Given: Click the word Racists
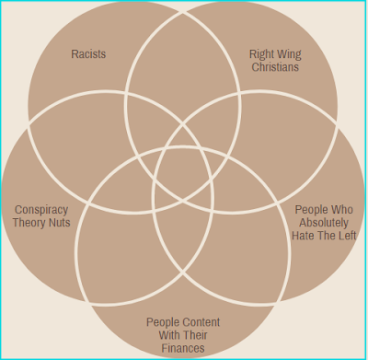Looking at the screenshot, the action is (x=88, y=54).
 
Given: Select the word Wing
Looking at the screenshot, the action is (x=289, y=54).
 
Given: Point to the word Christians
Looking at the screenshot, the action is (x=275, y=67).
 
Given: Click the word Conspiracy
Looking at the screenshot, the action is (x=41, y=210).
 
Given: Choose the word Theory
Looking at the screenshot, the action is (x=27, y=223).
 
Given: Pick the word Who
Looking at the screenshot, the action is (x=341, y=210).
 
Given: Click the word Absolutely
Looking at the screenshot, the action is (x=324, y=223).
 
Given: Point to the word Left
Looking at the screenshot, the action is (x=346, y=236).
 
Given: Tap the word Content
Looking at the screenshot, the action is (x=201, y=322).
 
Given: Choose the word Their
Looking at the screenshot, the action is (x=195, y=335).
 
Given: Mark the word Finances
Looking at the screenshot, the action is (x=183, y=348).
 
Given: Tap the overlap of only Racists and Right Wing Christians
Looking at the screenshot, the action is (x=182, y=62).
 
